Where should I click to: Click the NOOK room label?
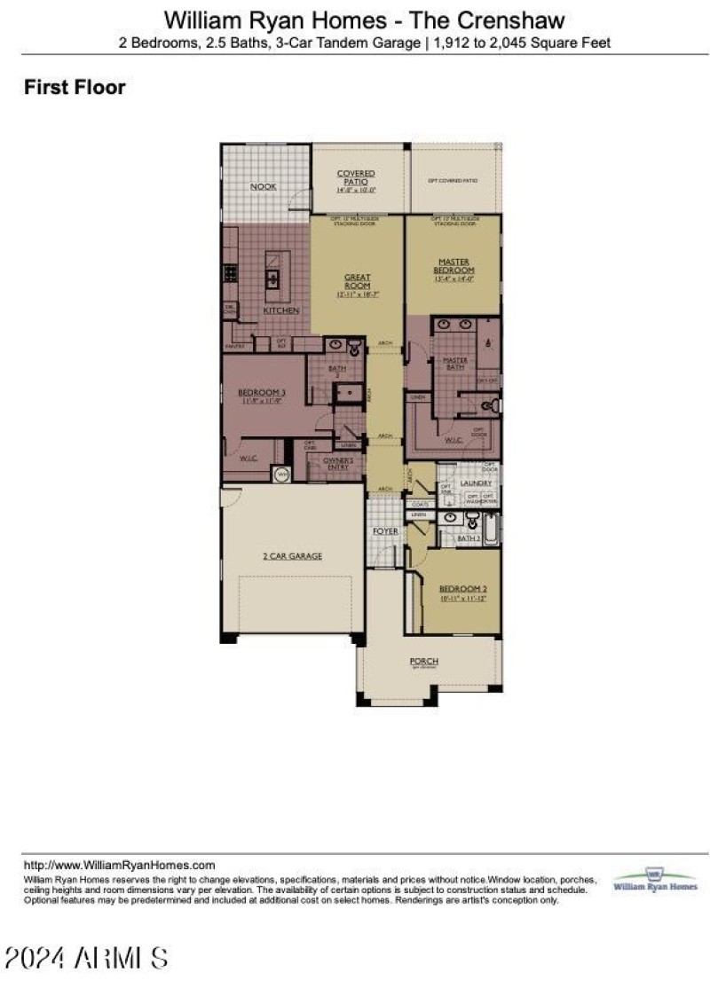[263, 187]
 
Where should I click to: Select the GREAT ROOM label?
[358, 283]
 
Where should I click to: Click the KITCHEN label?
[280, 311]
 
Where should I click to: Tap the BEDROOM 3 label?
[261, 393]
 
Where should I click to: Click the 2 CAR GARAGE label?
[291, 556]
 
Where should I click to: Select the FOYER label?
[385, 531]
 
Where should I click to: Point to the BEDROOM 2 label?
[462, 590]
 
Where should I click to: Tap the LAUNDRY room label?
[476, 482]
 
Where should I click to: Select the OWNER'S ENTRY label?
[338, 462]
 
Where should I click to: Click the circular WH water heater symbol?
[283, 475]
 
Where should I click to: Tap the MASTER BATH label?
[455, 362]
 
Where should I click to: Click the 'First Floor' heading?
[75, 87]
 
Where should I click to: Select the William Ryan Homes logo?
[655, 881]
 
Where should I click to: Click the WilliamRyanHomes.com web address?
[119, 865]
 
